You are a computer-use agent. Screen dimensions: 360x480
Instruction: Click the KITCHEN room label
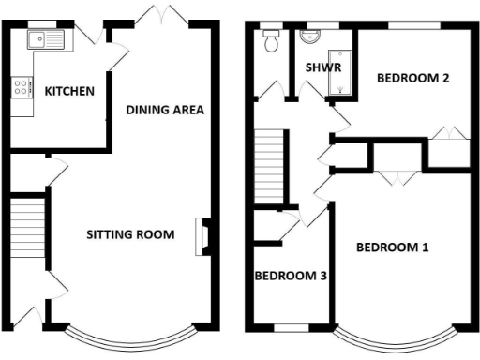point(69,91)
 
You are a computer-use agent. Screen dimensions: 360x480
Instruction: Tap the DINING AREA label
point(165,110)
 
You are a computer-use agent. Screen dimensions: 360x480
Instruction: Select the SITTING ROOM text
point(130,234)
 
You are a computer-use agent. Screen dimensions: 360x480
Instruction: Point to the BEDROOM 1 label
point(392,247)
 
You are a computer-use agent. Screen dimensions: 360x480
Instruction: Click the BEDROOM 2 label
point(412,79)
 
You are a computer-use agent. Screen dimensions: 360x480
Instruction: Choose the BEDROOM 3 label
point(291,276)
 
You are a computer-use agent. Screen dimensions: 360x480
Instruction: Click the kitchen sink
point(44,39)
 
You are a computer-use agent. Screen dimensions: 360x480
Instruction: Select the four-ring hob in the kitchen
point(20,90)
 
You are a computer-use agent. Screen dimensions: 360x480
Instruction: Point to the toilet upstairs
point(272,39)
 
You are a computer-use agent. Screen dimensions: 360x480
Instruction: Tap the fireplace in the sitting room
point(202,236)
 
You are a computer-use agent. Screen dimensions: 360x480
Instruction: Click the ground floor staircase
point(29,226)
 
